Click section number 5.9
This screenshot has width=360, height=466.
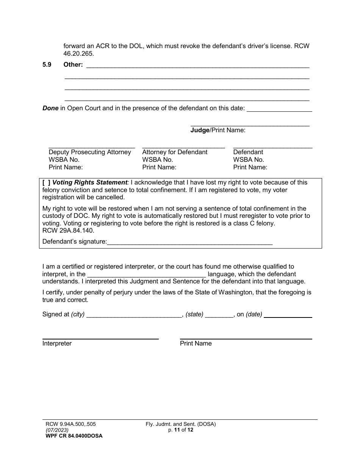[47, 65]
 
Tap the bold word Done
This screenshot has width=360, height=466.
[50, 108]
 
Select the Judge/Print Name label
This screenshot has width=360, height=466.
[218, 130]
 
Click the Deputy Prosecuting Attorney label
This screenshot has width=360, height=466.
[90, 152]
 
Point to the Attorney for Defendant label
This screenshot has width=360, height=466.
[175, 152]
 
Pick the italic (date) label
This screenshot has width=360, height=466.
[254, 314]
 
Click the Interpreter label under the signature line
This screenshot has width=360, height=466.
[57, 344]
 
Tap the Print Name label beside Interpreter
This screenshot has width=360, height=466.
[196, 344]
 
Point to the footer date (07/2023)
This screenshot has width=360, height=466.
[57, 430]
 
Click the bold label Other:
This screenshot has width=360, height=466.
[73, 65]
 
